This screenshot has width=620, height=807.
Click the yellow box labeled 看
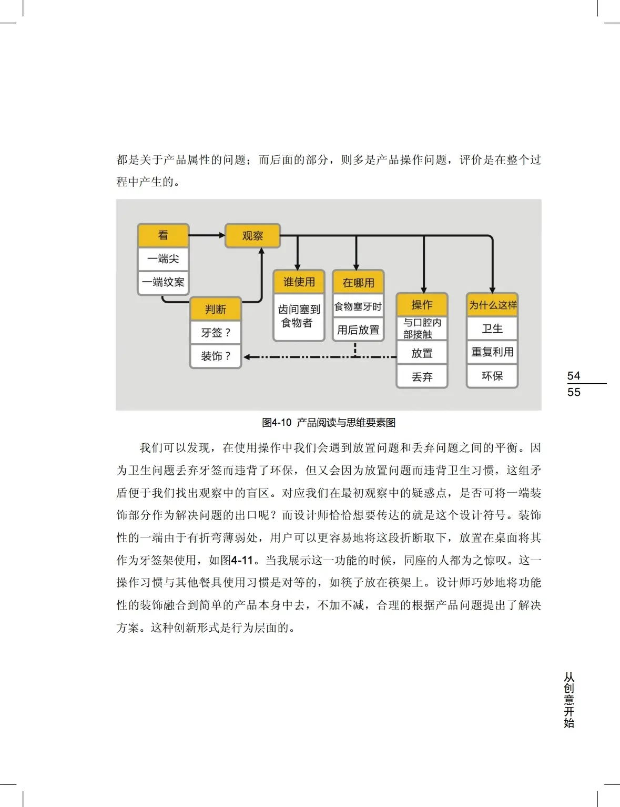(163, 235)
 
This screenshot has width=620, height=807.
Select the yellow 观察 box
(252, 236)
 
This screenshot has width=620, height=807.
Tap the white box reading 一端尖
(163, 259)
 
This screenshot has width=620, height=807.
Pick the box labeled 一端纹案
(163, 282)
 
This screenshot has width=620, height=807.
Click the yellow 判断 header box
(216, 309)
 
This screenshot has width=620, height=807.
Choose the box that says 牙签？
(216, 333)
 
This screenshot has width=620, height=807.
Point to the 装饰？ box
(216, 356)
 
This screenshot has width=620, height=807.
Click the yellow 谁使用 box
(299, 282)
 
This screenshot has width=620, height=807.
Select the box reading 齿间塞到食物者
(299, 316)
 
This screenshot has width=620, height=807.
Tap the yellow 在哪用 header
(358, 283)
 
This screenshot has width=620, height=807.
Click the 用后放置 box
(358, 330)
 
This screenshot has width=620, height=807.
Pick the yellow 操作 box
(422, 305)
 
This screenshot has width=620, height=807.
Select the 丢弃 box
(422, 377)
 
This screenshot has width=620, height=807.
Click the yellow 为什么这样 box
(492, 305)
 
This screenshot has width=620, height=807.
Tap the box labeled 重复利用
(492, 352)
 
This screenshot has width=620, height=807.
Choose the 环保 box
(492, 376)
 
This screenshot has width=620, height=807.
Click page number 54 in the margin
(574, 376)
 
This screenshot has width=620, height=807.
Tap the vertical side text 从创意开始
(569, 700)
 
